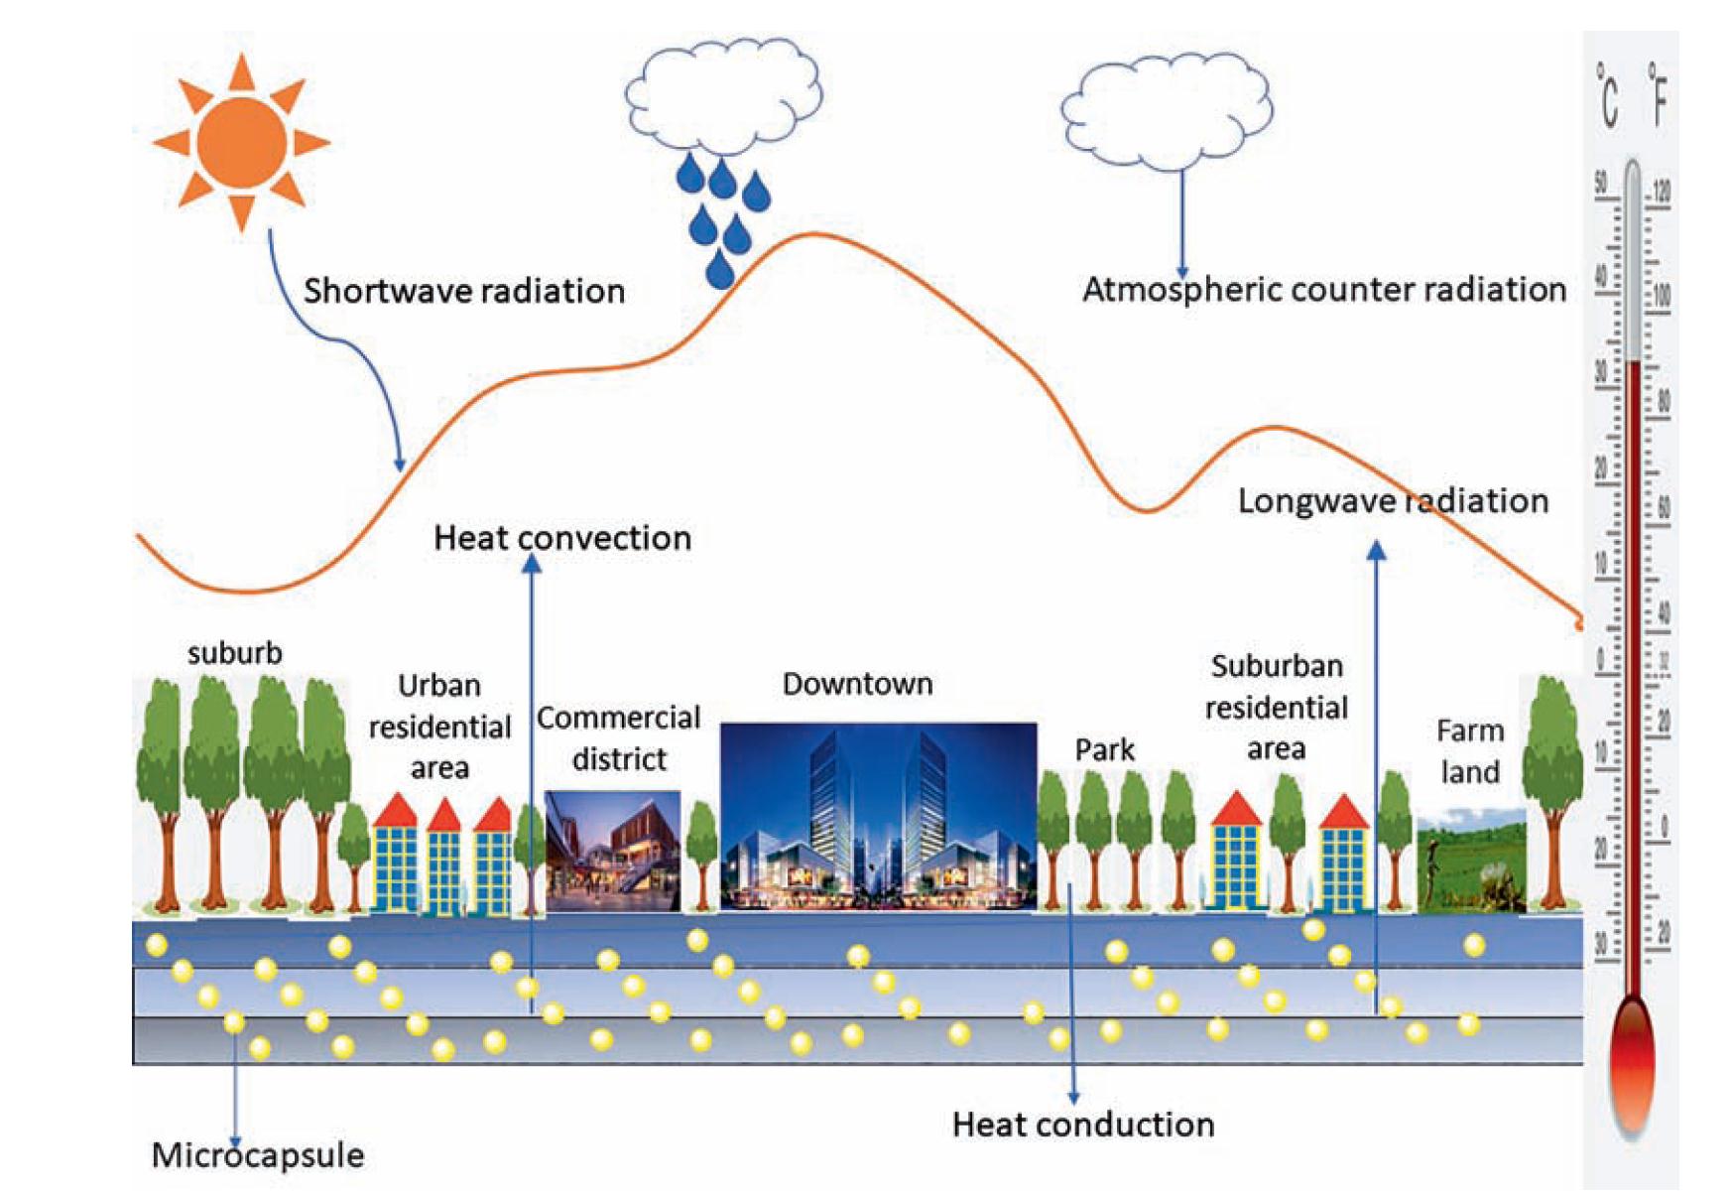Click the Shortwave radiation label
click(x=464, y=291)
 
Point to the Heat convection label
click(x=562, y=538)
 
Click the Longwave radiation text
click(x=1393, y=500)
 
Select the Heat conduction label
click(x=1083, y=1125)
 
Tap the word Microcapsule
click(x=258, y=1155)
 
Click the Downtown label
click(x=857, y=684)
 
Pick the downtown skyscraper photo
click(x=878, y=816)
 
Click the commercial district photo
click(x=613, y=851)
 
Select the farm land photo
click(x=1471, y=860)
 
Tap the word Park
click(x=1104, y=749)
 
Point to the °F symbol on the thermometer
click(x=1658, y=95)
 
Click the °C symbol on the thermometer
click(x=1608, y=95)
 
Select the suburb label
click(x=235, y=653)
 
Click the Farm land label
click(x=1470, y=751)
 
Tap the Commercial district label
click(x=619, y=738)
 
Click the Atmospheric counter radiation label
click(x=1324, y=290)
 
